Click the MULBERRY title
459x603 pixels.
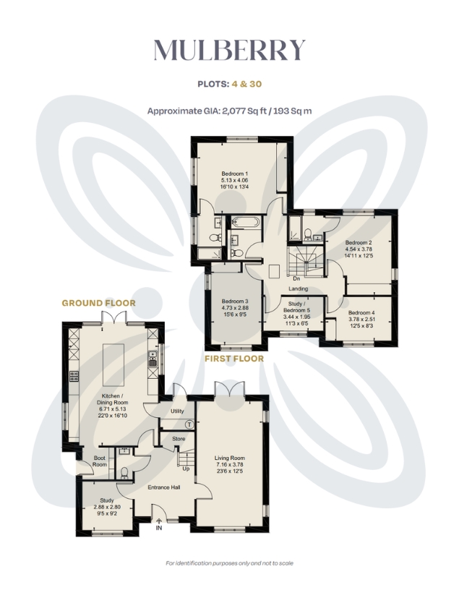tap(230, 50)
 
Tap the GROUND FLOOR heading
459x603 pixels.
tap(99, 303)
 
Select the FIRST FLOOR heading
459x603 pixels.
tap(234, 359)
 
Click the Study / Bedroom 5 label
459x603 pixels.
tap(296, 307)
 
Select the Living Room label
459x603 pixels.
tap(230, 458)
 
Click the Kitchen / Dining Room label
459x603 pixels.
tap(112, 399)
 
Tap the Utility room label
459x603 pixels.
tap(177, 411)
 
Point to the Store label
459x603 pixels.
tap(179, 439)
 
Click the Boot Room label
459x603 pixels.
tap(100, 461)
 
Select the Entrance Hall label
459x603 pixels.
tap(164, 487)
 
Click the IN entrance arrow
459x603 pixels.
tap(159, 521)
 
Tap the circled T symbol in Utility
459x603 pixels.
tap(189, 424)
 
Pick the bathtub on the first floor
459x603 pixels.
tap(246, 221)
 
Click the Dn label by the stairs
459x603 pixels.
tap(296, 278)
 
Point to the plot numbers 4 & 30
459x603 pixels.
tap(246, 84)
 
